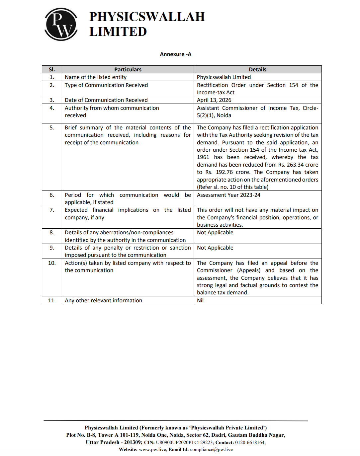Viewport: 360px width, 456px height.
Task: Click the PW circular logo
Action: click(x=61, y=24)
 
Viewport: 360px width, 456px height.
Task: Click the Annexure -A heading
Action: click(x=175, y=54)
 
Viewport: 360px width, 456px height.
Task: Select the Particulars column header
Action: click(x=128, y=69)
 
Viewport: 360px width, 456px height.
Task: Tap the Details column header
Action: click(x=257, y=69)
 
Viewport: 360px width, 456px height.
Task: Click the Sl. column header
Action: click(x=52, y=69)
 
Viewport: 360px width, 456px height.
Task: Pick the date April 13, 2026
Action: click(x=214, y=100)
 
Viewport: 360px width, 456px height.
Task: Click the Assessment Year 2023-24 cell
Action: click(x=228, y=195)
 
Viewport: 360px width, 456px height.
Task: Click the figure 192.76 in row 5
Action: click(x=224, y=172)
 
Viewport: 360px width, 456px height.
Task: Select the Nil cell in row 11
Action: click(x=200, y=300)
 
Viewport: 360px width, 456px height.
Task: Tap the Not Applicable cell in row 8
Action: click(x=215, y=232)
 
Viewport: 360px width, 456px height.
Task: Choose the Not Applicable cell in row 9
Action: click(x=215, y=248)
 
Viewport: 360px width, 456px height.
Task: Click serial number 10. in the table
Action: click(x=52, y=263)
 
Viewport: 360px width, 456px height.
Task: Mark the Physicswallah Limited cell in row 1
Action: click(x=224, y=77)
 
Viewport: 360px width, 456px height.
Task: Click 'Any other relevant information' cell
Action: click(x=103, y=300)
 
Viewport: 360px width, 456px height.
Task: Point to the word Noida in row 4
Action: click(x=224, y=115)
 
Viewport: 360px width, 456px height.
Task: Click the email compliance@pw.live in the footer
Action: click(x=211, y=449)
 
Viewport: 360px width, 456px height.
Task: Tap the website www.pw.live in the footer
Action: click(x=152, y=449)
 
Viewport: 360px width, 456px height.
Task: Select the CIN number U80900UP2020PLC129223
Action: click(x=184, y=442)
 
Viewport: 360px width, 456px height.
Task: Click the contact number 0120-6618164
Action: click(x=250, y=442)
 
